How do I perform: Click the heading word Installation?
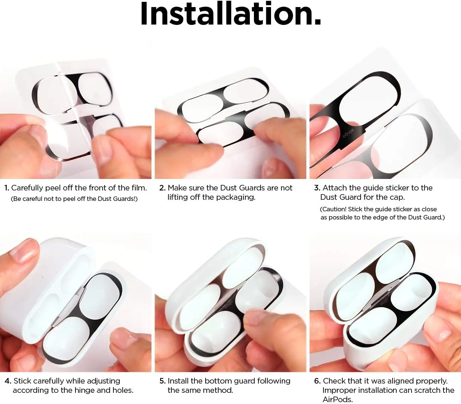click(230, 14)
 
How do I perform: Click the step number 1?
click(6, 188)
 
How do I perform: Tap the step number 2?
click(162, 188)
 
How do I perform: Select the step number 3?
click(317, 188)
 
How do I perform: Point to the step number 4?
click(8, 381)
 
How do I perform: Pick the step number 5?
click(162, 381)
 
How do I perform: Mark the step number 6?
click(317, 381)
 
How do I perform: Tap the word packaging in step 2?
click(237, 197)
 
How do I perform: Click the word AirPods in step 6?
click(337, 400)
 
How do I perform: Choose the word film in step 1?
click(139, 188)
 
